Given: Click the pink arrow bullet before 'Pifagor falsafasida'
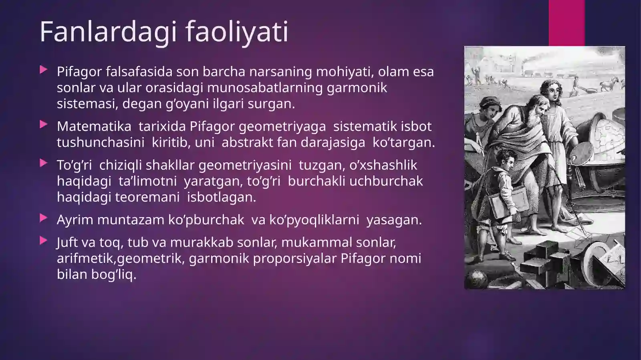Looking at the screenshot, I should (x=43, y=70).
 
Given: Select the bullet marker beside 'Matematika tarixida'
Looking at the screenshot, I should (x=43, y=125).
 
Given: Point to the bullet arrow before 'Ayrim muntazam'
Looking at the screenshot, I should (x=43, y=218).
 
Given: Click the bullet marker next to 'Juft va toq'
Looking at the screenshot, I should (x=43, y=241).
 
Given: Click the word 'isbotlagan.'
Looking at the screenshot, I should (x=221, y=197).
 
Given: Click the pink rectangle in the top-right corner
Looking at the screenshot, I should (x=566, y=22).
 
